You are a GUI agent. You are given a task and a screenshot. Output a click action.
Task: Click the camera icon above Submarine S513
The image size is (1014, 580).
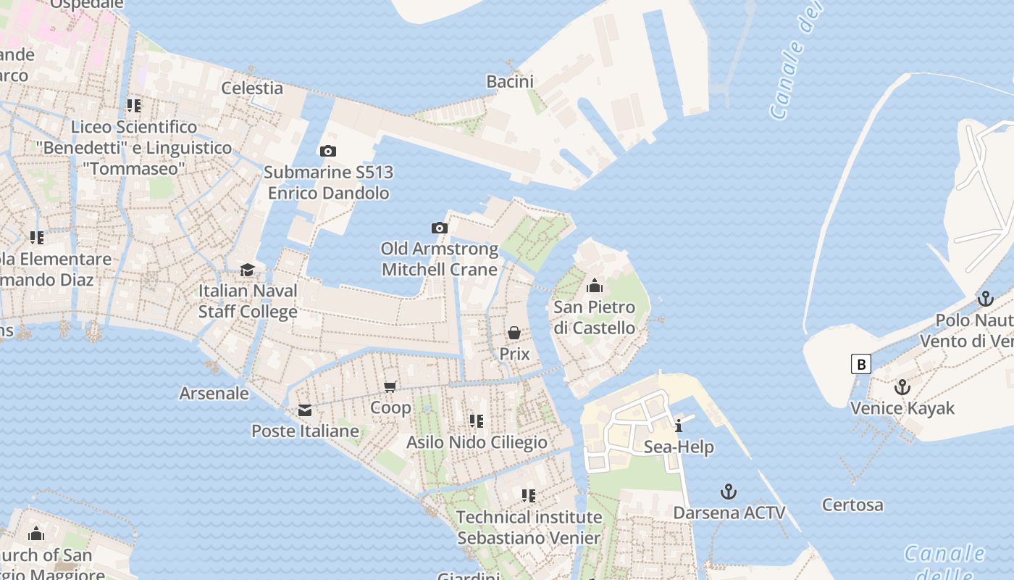tap(328, 151)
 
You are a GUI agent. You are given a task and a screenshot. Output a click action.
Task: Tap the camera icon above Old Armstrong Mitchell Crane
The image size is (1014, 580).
tap(439, 228)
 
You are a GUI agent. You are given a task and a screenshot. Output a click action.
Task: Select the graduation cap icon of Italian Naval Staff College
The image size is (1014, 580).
tap(248, 270)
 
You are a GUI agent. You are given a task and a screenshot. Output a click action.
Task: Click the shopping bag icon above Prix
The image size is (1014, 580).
tap(514, 333)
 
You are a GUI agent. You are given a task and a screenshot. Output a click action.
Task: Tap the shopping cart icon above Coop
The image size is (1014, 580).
tap(390, 386)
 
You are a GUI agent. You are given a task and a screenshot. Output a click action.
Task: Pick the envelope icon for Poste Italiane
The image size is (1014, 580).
tap(305, 410)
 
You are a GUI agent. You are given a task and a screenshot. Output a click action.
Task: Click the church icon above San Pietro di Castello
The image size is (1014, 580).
tap(595, 286)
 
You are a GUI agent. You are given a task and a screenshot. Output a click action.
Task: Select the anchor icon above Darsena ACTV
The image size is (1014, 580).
tap(729, 492)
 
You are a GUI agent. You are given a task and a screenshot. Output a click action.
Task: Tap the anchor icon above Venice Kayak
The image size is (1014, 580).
tap(902, 387)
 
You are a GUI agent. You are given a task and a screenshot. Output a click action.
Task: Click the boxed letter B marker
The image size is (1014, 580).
tap(861, 363)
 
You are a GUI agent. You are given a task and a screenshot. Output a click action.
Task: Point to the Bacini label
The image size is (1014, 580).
tap(510, 81)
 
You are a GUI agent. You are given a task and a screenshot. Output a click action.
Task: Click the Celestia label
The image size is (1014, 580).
tap(252, 88)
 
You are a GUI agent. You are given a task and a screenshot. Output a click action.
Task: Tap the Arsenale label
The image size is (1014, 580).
tap(214, 394)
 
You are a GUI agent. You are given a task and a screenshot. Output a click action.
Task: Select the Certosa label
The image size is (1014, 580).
tap(852, 505)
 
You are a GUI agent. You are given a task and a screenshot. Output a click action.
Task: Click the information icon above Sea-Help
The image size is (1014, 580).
tap(679, 426)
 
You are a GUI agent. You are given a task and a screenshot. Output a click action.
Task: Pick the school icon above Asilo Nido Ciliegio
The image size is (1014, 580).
tap(477, 420)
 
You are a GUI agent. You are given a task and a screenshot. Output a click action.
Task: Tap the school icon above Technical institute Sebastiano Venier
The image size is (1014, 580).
tap(529, 496)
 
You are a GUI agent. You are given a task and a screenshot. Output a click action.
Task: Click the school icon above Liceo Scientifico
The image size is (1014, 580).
tap(134, 106)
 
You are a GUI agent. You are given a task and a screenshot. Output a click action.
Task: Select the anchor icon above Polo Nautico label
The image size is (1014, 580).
tap(985, 298)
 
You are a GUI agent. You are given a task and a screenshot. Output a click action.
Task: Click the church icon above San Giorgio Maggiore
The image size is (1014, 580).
tap(36, 534)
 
